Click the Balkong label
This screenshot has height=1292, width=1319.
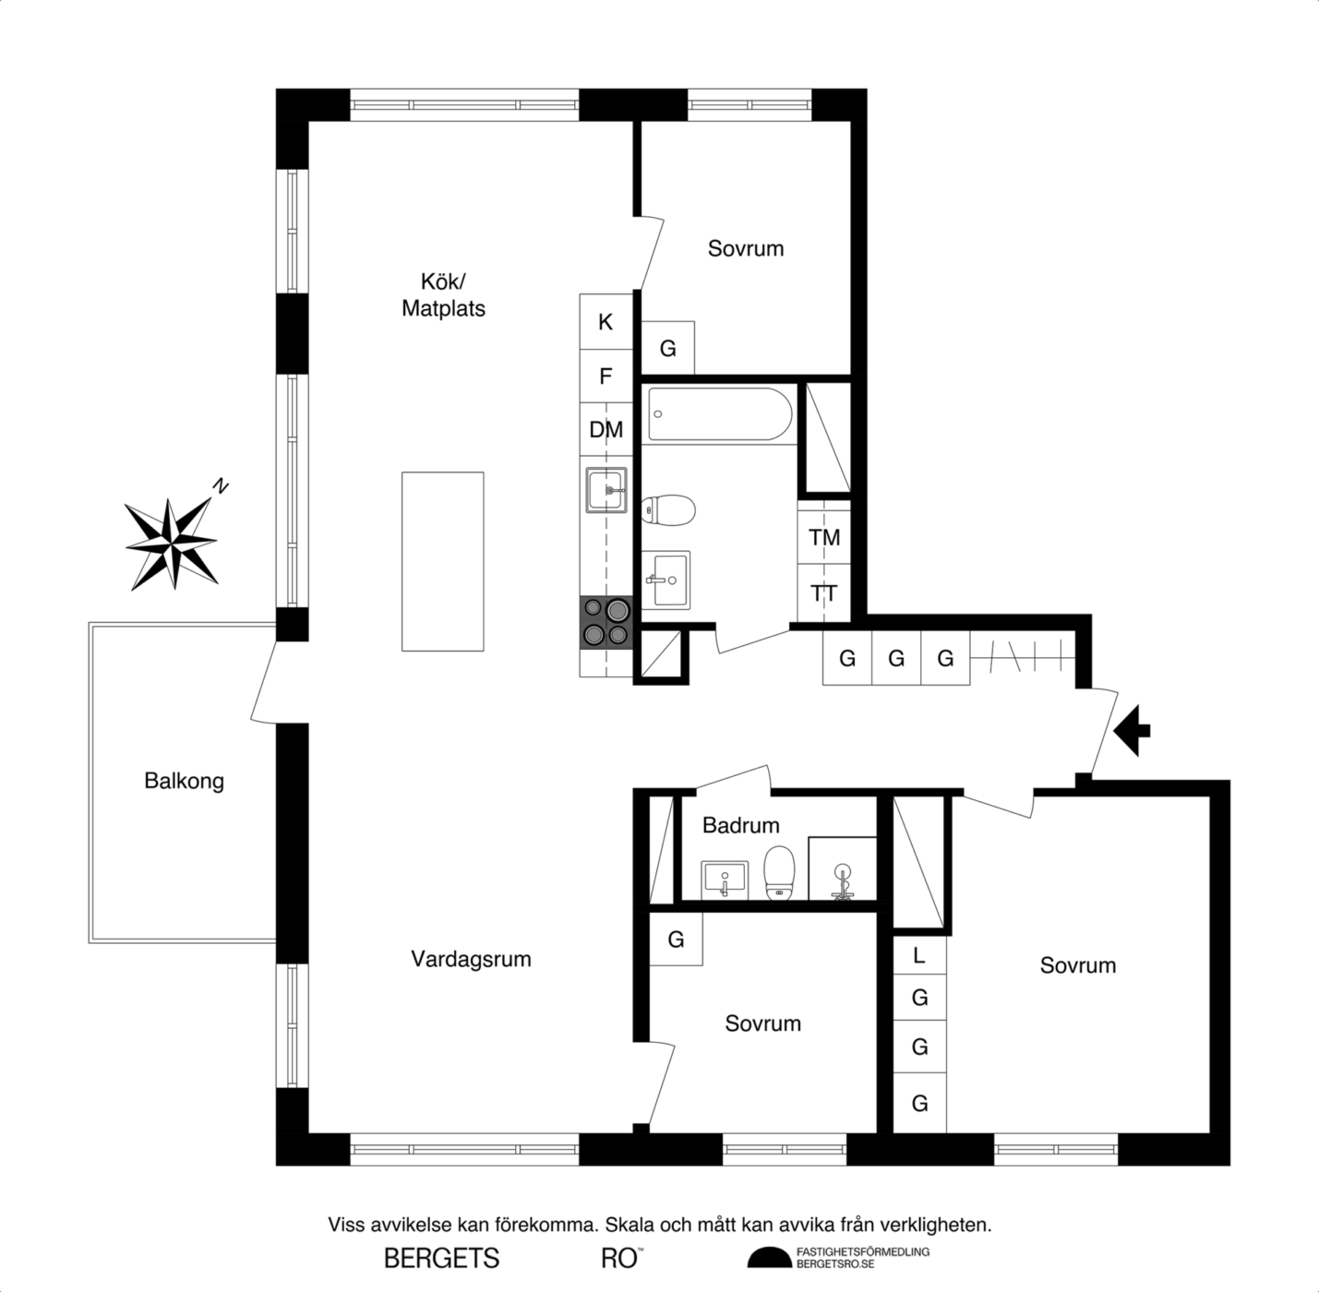[x=184, y=782]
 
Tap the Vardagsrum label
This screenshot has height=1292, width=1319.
[x=471, y=959]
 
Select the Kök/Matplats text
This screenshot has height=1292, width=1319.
[x=444, y=295]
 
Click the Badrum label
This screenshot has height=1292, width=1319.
[x=740, y=826]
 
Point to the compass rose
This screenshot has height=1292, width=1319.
[x=172, y=543]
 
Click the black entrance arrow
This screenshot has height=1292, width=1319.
[x=1133, y=731]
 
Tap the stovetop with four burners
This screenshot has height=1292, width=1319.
[x=606, y=622]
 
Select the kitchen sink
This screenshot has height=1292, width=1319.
[x=606, y=489]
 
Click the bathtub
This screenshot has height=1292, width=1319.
[x=720, y=414]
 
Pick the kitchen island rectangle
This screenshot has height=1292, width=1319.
[x=443, y=561]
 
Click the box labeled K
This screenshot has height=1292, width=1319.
[x=606, y=322]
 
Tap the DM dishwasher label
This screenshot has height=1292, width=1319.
[x=606, y=430]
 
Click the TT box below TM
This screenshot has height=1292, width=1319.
[x=824, y=593]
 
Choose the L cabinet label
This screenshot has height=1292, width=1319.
[x=919, y=955]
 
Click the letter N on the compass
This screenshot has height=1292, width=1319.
[x=220, y=486]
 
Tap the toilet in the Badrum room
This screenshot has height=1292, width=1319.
[x=780, y=873]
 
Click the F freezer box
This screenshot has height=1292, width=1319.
[x=606, y=376]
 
